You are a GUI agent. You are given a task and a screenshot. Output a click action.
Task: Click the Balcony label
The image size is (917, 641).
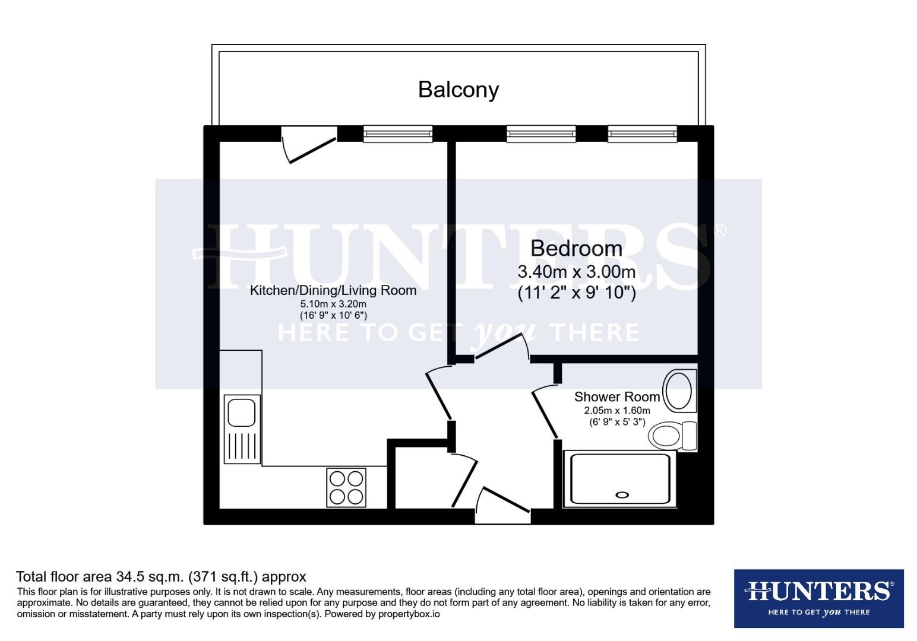(458, 90)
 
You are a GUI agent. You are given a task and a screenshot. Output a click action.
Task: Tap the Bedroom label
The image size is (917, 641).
(576, 248)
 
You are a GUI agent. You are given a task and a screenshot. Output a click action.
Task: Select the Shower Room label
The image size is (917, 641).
(616, 396)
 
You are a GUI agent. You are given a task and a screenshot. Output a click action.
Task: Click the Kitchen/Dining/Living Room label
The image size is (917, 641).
(333, 290)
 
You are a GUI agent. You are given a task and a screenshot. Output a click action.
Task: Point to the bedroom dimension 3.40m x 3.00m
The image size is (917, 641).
(576, 272)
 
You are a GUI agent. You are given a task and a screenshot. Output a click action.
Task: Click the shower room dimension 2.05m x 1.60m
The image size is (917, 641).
(616, 411)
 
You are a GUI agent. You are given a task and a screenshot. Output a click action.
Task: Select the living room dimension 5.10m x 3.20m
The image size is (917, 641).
(333, 304)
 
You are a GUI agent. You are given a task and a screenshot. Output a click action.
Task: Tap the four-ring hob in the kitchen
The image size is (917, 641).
(346, 487)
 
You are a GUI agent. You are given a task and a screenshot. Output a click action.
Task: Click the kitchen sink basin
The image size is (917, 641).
(241, 412)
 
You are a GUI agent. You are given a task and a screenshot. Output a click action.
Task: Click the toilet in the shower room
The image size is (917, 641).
(671, 436)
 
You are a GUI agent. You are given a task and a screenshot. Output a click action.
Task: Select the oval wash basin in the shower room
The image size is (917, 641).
(678, 391)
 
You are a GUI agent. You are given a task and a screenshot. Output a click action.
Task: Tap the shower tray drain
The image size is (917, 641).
(622, 494)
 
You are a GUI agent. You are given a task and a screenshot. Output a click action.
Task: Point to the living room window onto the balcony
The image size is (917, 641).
(397, 134)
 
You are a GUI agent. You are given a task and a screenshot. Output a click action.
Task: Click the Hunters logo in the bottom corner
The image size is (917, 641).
(818, 598)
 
